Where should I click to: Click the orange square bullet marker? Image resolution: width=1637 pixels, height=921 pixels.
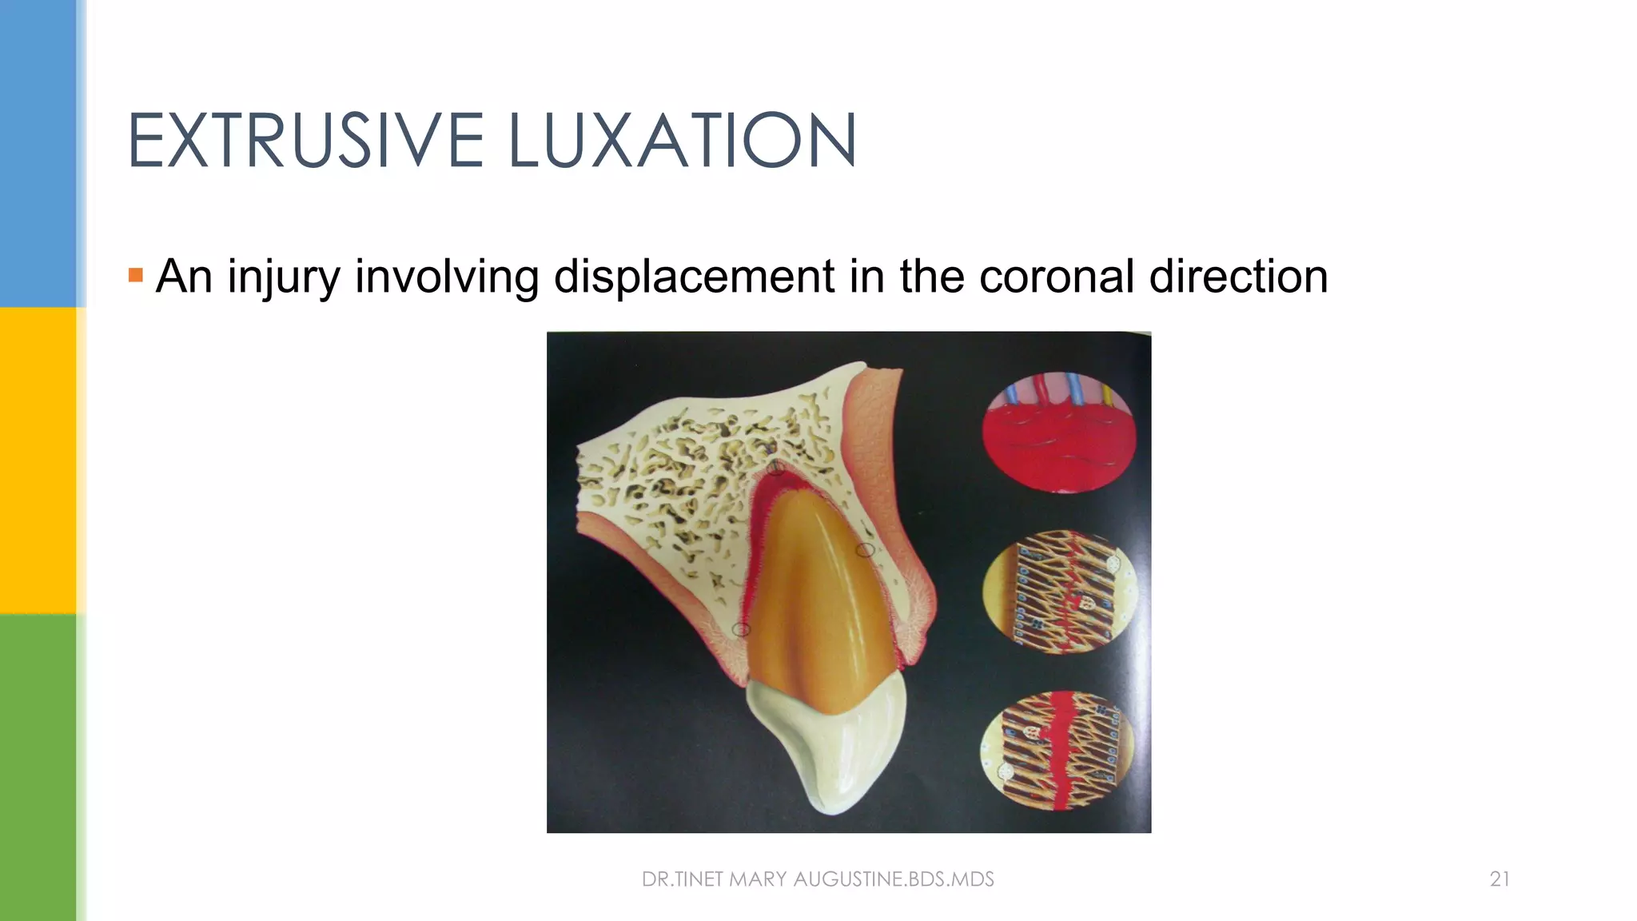click(x=136, y=276)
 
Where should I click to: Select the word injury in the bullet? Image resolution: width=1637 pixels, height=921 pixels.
click(x=283, y=277)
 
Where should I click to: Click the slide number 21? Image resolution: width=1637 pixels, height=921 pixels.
click(x=1500, y=879)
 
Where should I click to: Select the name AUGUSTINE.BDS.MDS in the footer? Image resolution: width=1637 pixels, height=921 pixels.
click(x=894, y=879)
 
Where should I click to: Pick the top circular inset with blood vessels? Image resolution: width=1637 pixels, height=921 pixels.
click(x=1059, y=432)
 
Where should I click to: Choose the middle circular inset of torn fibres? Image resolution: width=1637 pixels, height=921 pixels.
click(x=1059, y=592)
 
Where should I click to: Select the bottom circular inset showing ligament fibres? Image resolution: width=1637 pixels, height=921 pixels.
click(x=1057, y=752)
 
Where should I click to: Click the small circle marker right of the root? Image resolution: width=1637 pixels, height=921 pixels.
click(x=865, y=550)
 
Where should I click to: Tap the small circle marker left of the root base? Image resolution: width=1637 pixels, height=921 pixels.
click(x=741, y=630)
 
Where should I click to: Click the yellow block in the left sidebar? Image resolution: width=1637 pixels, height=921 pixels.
click(x=38, y=460)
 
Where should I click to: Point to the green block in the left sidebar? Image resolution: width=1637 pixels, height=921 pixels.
click(x=38, y=767)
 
